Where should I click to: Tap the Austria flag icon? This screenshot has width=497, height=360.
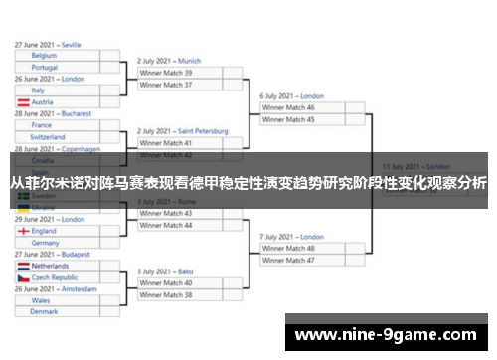click(x=23, y=102)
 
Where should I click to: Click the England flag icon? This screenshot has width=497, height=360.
click(x=23, y=231)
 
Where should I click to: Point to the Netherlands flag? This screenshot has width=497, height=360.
click(x=23, y=267)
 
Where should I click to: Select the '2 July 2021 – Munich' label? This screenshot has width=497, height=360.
click(x=169, y=61)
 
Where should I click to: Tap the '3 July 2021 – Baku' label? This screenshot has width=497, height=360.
click(x=165, y=271)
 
